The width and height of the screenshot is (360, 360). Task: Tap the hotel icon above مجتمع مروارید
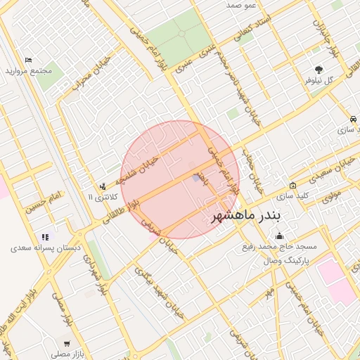(x=28, y=60)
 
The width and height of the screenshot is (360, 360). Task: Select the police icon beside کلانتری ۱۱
(x=103, y=186)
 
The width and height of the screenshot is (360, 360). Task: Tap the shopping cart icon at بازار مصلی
(x=66, y=344)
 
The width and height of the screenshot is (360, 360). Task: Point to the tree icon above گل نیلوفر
(x=320, y=70)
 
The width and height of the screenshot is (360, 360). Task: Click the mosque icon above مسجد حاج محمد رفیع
(x=280, y=236)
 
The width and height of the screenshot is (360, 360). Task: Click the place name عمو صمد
(x=242, y=5)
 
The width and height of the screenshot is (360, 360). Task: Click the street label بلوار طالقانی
(x=121, y=211)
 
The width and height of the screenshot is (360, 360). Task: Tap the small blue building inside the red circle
(x=195, y=178)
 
